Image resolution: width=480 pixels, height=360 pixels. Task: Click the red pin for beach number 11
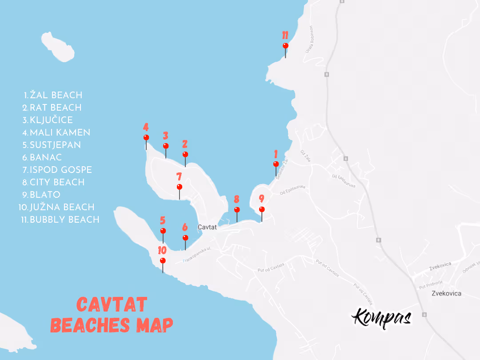[285, 46]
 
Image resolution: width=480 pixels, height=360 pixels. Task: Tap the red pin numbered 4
[146, 137]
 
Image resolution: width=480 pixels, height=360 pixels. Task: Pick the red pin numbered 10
[163, 260]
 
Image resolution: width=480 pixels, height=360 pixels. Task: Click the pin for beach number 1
[276, 164]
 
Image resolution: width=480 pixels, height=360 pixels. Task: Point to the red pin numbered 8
[237, 209]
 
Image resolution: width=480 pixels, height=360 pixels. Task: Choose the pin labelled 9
[262, 209]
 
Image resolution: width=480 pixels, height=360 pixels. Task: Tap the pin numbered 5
[163, 231]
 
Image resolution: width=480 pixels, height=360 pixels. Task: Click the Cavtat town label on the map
[207, 227]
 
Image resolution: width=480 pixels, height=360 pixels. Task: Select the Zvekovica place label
[446, 293]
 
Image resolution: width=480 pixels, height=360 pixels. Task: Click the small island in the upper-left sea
[60, 46]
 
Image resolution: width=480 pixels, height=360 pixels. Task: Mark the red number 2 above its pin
[185, 144]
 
